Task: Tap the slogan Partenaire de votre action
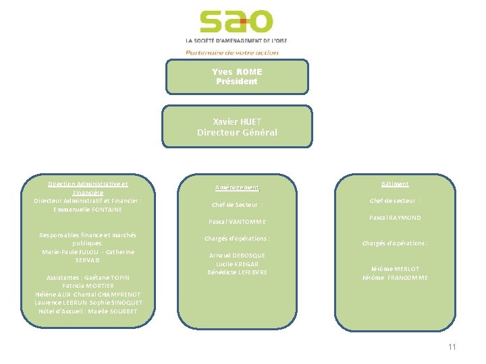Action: (232, 52)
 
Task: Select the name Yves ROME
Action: (237, 72)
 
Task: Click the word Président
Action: (237, 82)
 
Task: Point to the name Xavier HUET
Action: (237, 122)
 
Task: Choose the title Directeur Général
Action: (237, 133)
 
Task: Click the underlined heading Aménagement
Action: (237, 188)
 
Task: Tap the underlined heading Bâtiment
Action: (395, 184)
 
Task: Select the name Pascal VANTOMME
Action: (237, 222)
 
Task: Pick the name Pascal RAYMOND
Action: (395, 218)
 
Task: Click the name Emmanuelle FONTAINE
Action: (88, 210)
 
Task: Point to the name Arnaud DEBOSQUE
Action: (237, 255)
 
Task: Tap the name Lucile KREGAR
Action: (237, 264)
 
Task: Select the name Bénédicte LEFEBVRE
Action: (237, 272)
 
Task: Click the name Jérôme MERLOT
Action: (395, 269)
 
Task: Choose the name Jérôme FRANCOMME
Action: (395, 278)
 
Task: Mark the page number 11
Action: (452, 347)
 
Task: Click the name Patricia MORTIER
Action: (88, 286)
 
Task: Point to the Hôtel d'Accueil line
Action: (88, 311)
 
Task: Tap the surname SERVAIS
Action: (88, 260)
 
